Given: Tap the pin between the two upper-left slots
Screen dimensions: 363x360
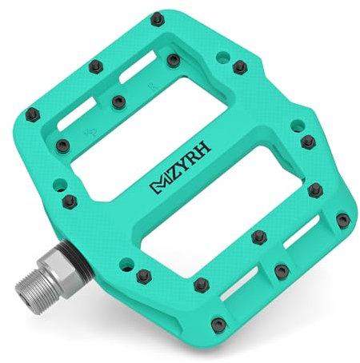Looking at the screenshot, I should (119, 101).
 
